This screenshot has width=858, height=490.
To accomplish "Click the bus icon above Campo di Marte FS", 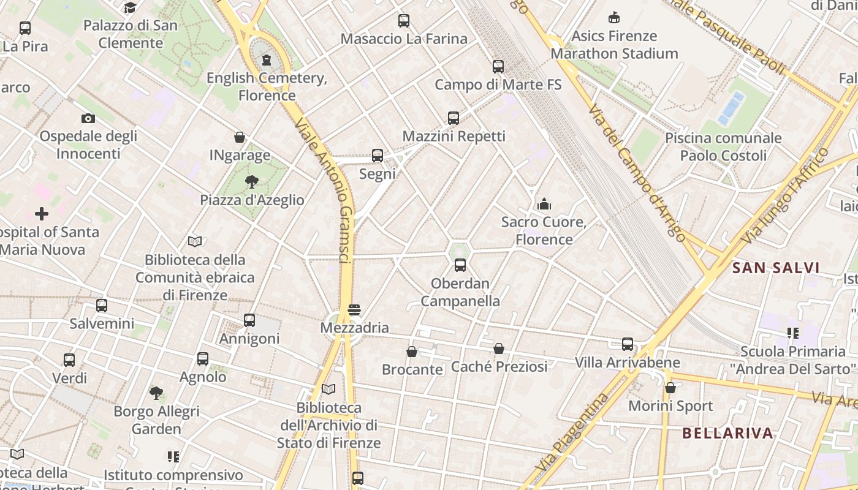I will click(498, 67).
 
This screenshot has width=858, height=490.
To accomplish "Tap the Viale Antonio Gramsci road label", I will click(324, 190).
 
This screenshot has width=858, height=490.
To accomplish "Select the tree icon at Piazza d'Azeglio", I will click(251, 181).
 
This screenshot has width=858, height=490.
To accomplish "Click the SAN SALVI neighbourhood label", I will click(776, 268).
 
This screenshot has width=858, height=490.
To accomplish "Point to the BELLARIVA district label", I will click(727, 433).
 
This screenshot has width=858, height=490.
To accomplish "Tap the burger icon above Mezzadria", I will click(354, 310).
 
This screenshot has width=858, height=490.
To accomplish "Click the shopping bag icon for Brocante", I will click(412, 352).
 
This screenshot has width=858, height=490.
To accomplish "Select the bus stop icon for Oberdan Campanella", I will click(460, 265).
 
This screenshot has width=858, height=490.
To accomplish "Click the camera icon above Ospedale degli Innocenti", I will click(88, 118).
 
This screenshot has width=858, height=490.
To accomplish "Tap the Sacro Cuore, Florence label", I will click(544, 230).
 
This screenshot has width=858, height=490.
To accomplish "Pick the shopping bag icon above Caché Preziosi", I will click(499, 349).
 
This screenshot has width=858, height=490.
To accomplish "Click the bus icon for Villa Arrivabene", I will click(627, 344).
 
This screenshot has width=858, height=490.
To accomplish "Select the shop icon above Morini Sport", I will click(670, 388).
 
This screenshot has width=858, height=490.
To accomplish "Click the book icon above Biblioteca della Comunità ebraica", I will click(195, 241).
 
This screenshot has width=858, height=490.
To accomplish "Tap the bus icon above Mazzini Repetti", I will click(454, 118).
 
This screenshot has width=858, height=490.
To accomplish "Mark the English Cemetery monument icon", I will click(267, 60).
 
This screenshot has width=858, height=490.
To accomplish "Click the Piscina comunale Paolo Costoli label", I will click(723, 146).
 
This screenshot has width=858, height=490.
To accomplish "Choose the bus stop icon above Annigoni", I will click(249, 320).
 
